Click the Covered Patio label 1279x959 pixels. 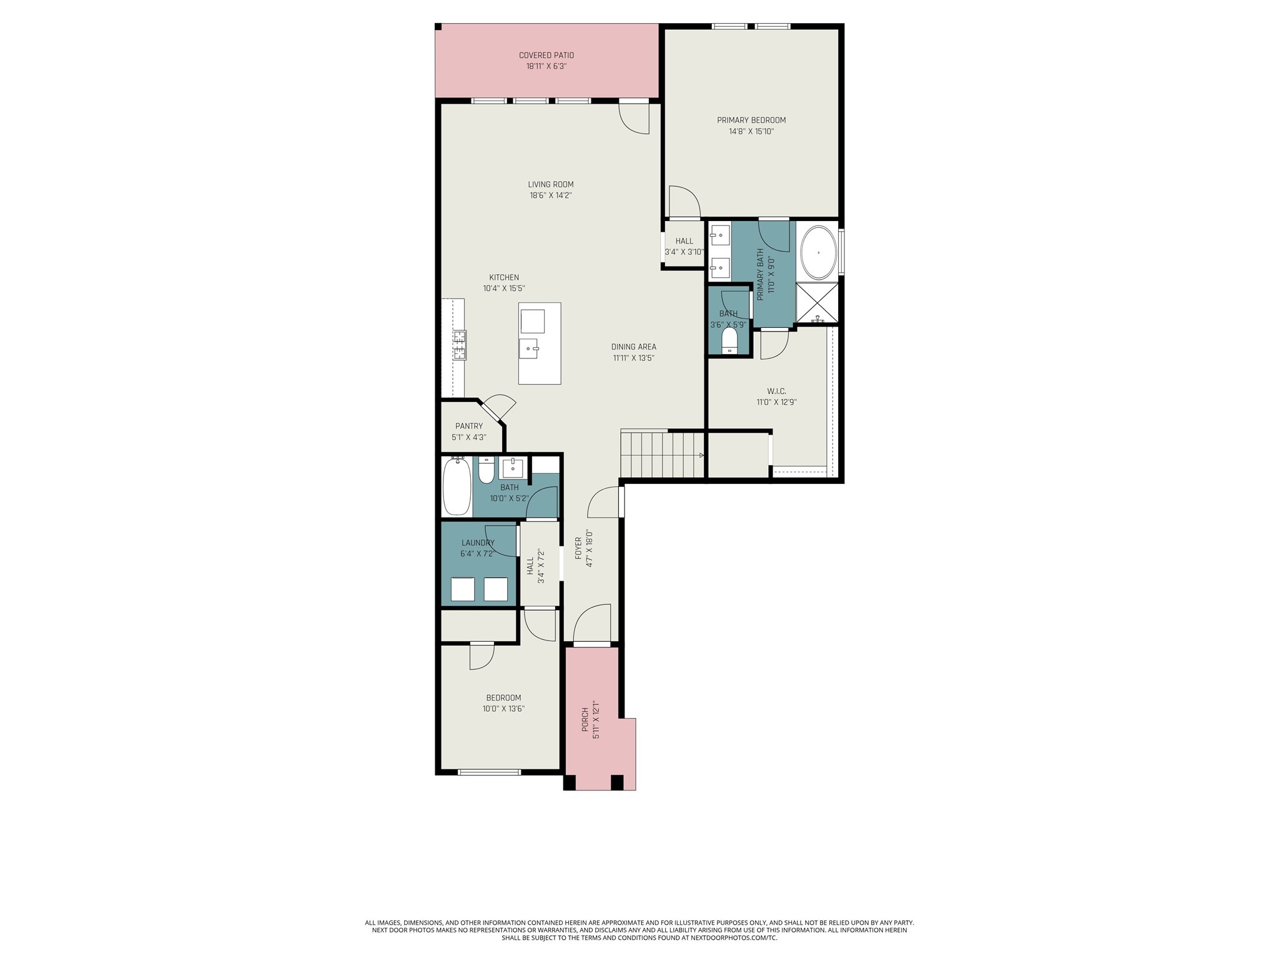pos(546,56)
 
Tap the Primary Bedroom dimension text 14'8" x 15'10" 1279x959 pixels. pos(751,132)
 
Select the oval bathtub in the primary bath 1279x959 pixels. pos(818,253)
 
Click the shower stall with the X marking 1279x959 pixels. pos(817,303)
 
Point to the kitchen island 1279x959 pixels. pos(539,343)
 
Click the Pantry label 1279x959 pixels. pos(468,426)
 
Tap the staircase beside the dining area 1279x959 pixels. pos(662,455)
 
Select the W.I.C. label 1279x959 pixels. pos(776,391)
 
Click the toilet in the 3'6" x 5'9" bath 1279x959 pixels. pos(729,342)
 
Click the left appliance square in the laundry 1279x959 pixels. pos(463,589)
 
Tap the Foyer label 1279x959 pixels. pos(578,548)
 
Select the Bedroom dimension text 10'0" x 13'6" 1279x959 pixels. pos(503,709)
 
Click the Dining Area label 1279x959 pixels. pos(633,347)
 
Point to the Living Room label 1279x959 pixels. pos(550,185)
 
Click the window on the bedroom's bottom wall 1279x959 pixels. pos(489,772)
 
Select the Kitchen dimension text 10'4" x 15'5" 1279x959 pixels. pos(503,288)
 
